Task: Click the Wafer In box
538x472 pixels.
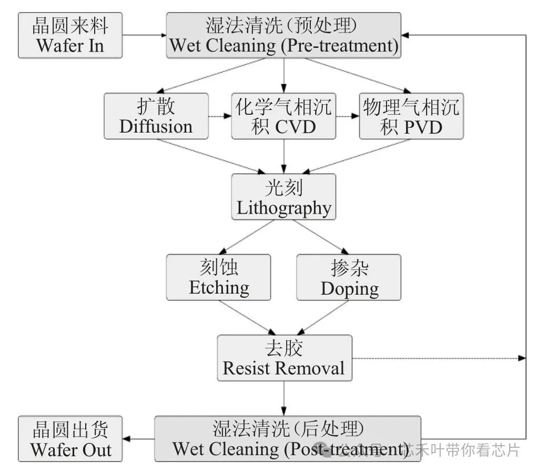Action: click(x=70, y=35)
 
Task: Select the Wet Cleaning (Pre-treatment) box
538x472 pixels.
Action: click(x=283, y=35)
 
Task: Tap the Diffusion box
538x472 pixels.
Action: click(x=156, y=116)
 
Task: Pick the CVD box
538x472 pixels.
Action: click(x=283, y=116)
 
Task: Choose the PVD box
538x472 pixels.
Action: click(x=411, y=116)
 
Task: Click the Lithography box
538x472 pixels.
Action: click(x=283, y=197)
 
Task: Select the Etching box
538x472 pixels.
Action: click(x=219, y=277)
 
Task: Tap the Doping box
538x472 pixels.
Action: click(x=349, y=277)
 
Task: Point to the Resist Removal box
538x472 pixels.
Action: click(x=284, y=358)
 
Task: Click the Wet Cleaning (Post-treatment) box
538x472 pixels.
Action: click(x=287, y=438)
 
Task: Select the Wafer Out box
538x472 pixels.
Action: click(x=70, y=438)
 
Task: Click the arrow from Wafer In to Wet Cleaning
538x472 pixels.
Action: click(x=144, y=35)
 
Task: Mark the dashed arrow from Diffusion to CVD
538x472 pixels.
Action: click(x=220, y=116)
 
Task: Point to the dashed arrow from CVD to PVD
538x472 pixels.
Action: click(x=347, y=116)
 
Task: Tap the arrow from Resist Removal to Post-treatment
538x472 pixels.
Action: click(x=284, y=398)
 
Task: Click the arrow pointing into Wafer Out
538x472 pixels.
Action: click(x=138, y=438)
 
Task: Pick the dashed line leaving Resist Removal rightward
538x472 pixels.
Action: click(x=437, y=358)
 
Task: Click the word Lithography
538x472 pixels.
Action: click(x=283, y=208)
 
